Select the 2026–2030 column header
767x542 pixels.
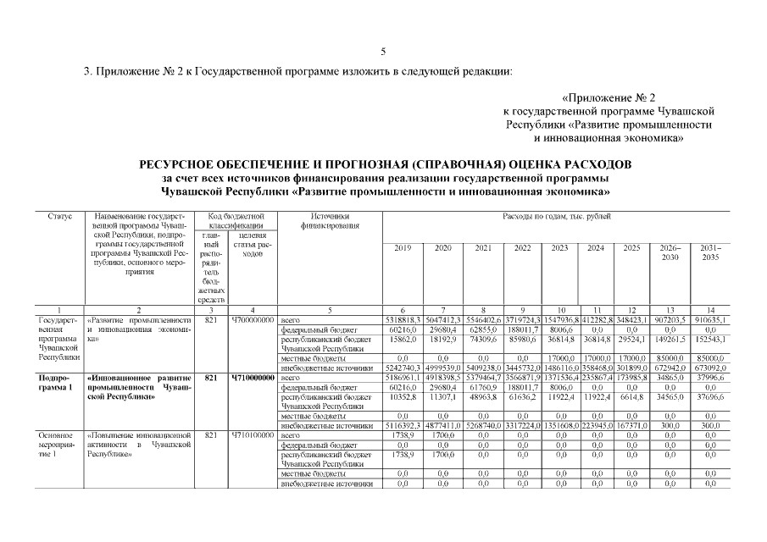click(x=669, y=252)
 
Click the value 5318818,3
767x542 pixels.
click(x=403, y=320)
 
